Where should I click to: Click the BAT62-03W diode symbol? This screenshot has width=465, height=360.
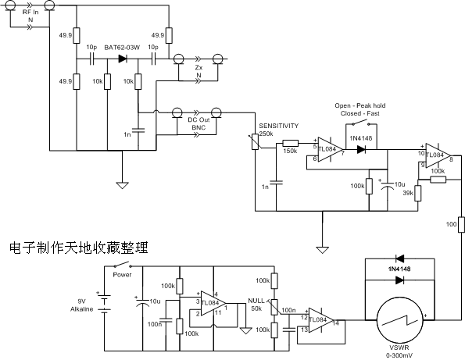click(123, 59)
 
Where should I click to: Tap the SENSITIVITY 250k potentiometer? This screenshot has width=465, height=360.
click(255, 141)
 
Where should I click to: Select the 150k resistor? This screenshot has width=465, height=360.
click(290, 144)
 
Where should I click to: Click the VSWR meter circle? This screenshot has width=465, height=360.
click(400, 320)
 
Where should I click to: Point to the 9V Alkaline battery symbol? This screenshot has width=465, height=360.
click(104, 303)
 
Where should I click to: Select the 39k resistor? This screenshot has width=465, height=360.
click(418, 193)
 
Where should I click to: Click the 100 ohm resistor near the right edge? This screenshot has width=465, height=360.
click(461, 225)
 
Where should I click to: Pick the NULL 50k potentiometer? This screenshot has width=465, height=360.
click(274, 307)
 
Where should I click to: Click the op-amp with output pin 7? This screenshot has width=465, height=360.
click(330, 149)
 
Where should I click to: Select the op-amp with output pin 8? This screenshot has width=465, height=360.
click(438, 155)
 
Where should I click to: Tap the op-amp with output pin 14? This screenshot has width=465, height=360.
click(321, 320)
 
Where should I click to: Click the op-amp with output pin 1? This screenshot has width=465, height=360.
click(213, 304)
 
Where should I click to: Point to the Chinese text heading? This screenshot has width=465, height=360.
click(79, 248)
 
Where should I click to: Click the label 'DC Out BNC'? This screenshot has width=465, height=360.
click(199, 123)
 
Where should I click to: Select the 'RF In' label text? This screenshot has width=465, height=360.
click(30, 12)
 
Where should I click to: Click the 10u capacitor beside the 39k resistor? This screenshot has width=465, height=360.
click(388, 185)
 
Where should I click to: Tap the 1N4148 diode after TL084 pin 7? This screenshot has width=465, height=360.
click(361, 149)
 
